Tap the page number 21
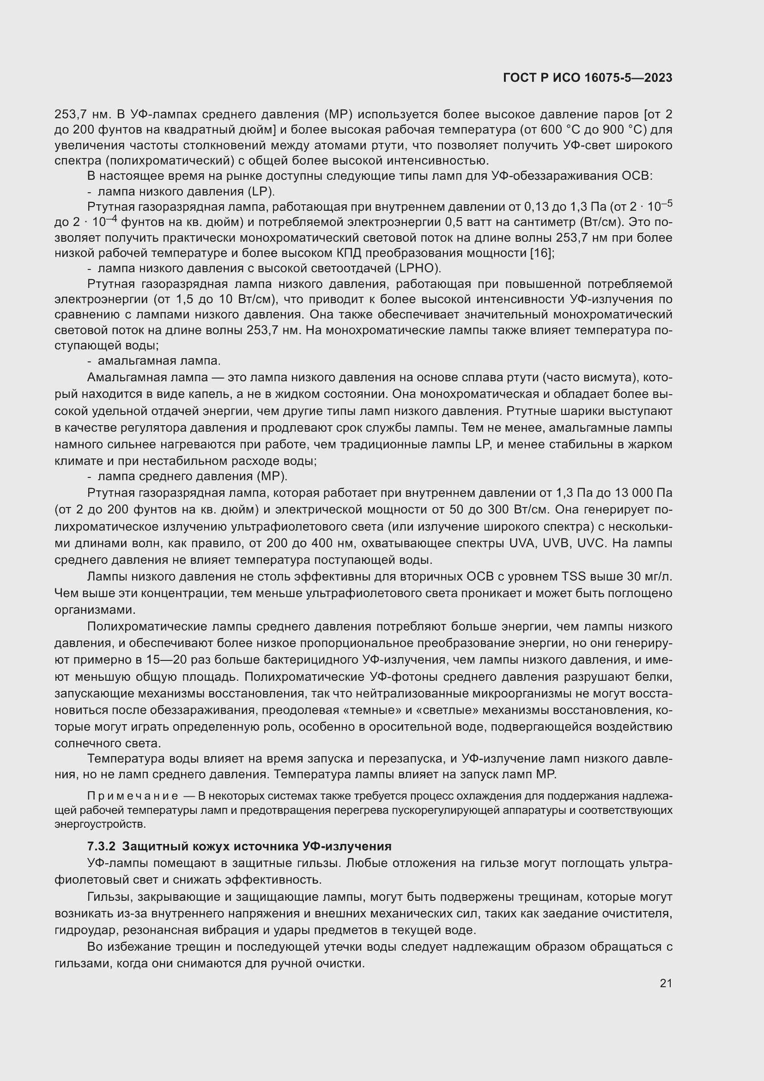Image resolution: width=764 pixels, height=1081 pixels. click(666, 983)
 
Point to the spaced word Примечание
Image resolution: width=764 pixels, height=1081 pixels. click(133, 796)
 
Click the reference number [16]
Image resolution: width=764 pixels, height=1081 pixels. click(540, 253)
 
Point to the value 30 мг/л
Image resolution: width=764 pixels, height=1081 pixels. click(650, 577)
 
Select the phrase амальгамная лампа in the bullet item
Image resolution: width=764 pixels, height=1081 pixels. click(158, 361)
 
